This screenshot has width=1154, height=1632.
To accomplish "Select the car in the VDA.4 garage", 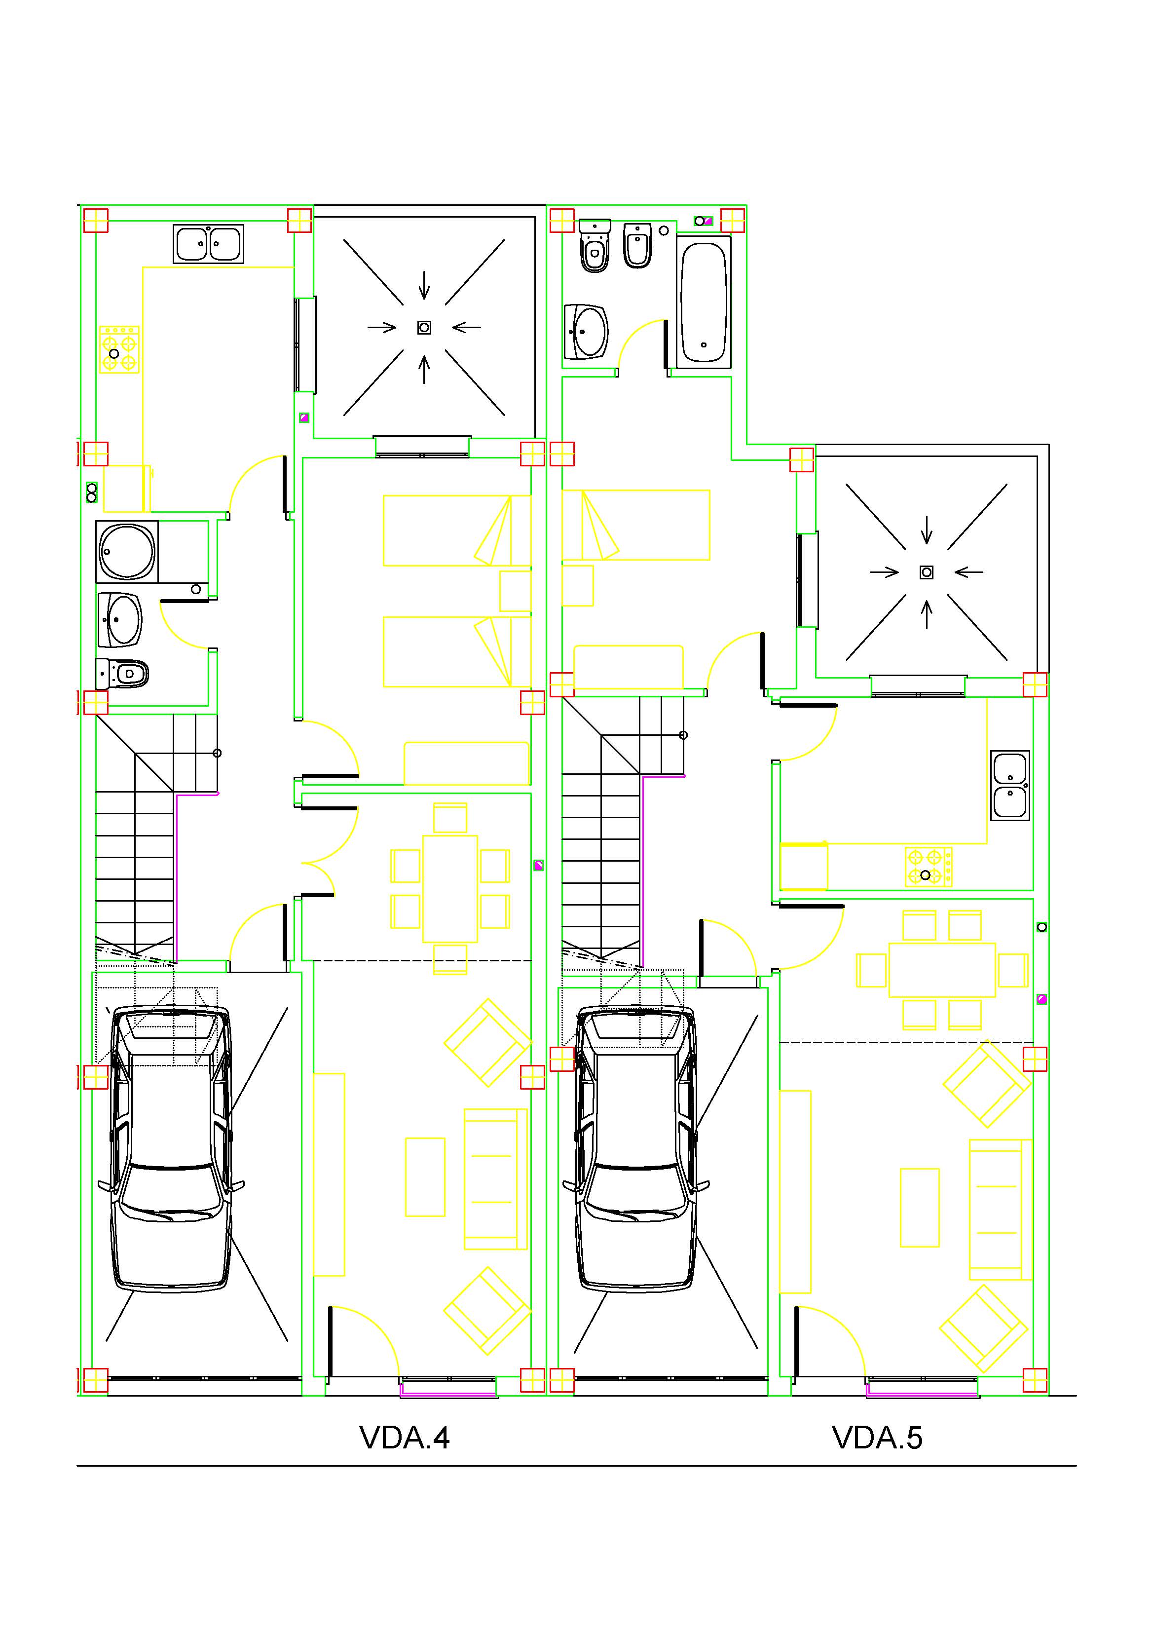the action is pos(171,1149).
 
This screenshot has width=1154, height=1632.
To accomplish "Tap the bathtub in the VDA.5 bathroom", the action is pos(704,302).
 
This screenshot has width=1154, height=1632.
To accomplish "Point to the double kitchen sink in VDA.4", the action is pos(208,244).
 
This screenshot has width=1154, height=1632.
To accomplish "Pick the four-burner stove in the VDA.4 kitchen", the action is pos(119,350).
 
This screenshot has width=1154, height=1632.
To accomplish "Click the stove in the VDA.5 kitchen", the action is pos(929,867).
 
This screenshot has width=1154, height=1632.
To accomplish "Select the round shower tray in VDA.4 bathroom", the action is pos(127,551).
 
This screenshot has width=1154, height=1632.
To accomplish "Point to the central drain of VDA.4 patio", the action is pos(424,328).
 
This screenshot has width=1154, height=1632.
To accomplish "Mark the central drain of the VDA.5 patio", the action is pos(927,572).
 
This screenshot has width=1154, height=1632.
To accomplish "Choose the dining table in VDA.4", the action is pos(450,888).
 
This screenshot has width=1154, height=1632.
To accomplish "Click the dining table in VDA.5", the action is pos(942,970).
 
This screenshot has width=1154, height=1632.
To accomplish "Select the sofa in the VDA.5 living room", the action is pos(1001,1209).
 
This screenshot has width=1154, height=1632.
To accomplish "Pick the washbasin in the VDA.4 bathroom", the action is pos(119,620).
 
